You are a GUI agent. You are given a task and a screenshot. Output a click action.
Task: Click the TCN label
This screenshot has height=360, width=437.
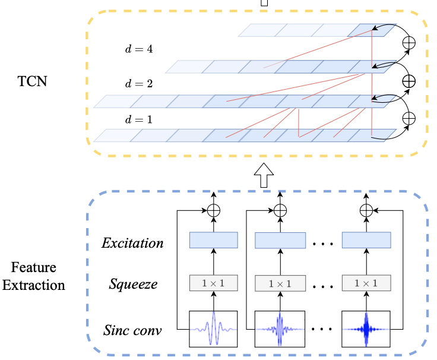[32, 81]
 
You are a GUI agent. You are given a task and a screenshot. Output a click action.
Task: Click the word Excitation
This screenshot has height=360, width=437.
[132, 243]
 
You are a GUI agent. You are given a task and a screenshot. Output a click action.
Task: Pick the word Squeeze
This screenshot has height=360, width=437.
[134, 284]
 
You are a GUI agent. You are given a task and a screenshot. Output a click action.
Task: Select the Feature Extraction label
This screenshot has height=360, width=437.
[33, 277]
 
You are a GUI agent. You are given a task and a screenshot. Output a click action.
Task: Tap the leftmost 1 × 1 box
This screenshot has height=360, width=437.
[213, 283]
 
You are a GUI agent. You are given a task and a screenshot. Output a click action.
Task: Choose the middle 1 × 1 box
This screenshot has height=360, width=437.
[279, 283]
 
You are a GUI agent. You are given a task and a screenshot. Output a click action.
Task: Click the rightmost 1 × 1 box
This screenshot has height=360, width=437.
[366, 283]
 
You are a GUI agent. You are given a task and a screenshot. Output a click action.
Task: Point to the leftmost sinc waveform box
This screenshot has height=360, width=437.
[213, 329]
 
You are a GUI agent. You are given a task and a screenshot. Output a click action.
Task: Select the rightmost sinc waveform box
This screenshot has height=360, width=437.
[366, 329]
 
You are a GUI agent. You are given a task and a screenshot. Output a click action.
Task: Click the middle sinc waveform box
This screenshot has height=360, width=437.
[279, 329]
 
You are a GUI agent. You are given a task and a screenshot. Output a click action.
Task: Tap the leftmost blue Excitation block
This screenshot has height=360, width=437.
[213, 240]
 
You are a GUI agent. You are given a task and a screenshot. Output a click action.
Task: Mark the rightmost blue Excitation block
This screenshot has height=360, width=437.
[366, 240]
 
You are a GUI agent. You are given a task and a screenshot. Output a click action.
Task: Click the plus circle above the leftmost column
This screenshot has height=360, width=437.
[213, 210]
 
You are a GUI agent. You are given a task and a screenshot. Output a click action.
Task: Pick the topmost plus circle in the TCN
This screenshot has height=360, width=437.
[409, 43]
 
